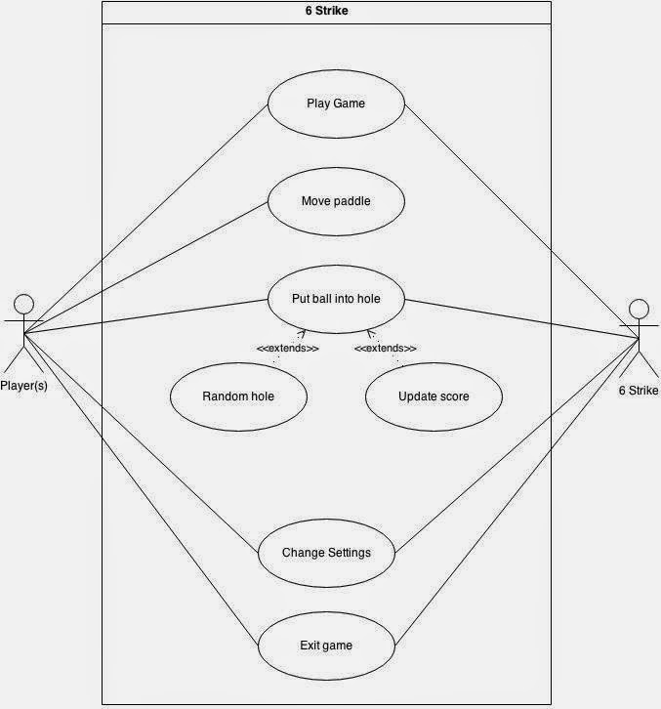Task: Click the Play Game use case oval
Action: click(x=336, y=103)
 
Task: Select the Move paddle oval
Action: click(x=336, y=201)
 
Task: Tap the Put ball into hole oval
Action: click(x=336, y=299)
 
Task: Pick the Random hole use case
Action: click(x=238, y=396)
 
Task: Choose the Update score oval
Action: click(x=434, y=396)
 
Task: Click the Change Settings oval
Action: click(x=326, y=553)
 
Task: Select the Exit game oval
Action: click(x=326, y=646)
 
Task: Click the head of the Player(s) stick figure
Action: click(x=23, y=303)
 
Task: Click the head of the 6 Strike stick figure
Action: click(x=638, y=309)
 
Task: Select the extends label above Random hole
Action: click(x=287, y=349)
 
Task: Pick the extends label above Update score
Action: click(x=385, y=349)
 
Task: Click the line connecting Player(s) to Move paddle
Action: click(x=146, y=267)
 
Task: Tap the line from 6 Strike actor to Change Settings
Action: click(x=517, y=444)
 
